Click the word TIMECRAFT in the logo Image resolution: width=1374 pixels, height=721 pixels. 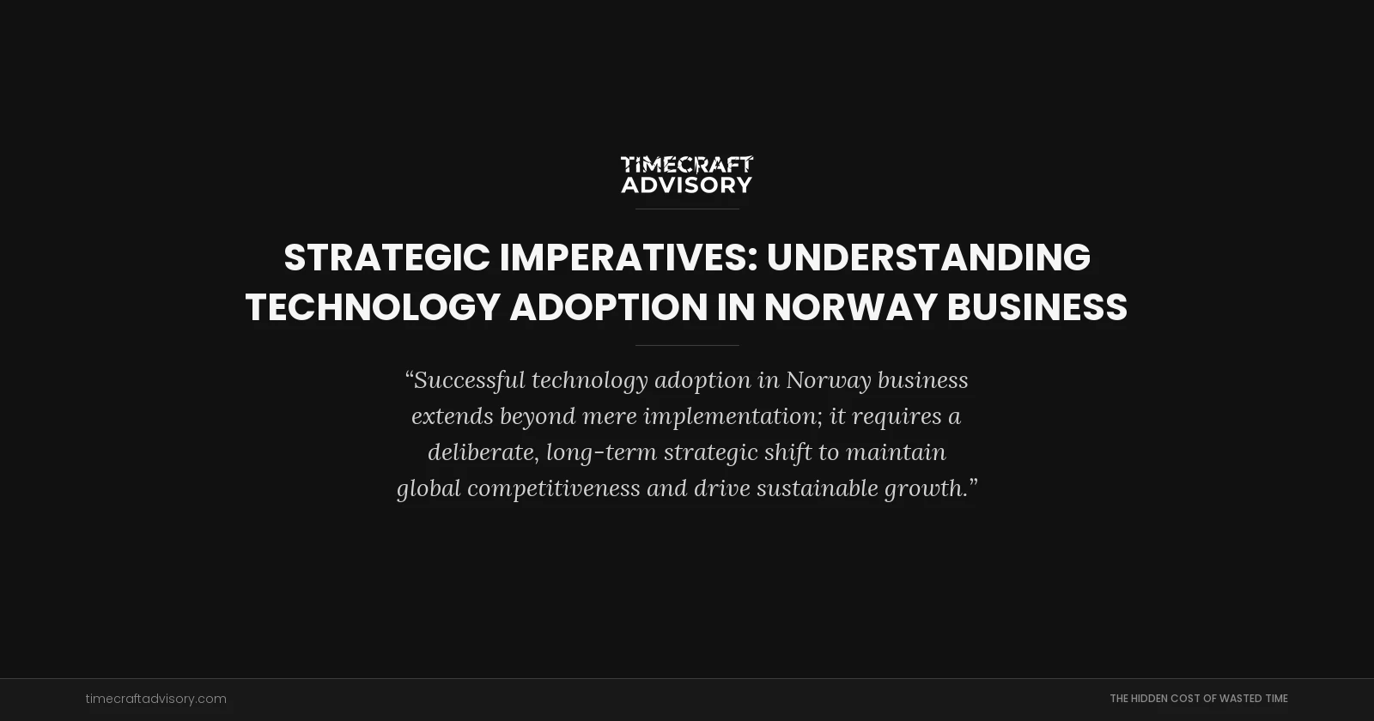coord(687,164)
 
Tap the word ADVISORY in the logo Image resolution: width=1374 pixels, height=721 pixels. coord(687,185)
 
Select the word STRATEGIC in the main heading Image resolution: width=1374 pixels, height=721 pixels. coord(386,257)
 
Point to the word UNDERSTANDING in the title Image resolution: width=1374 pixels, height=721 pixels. coord(928,257)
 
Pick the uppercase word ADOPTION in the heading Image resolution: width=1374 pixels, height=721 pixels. coord(608,307)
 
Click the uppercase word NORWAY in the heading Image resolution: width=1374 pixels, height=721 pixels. coord(849,307)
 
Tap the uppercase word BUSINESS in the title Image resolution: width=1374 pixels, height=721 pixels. coord(1037,307)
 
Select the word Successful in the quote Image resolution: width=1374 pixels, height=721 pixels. coord(469,380)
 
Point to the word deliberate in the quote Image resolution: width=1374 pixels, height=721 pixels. coord(483,452)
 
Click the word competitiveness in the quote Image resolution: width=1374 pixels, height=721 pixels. coord(553,488)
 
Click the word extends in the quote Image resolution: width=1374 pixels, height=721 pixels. coord(452,416)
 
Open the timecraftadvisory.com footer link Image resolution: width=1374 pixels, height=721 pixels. coord(156,699)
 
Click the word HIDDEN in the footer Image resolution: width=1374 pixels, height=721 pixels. coord(1149,699)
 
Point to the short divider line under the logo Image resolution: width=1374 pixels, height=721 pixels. coord(687,209)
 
